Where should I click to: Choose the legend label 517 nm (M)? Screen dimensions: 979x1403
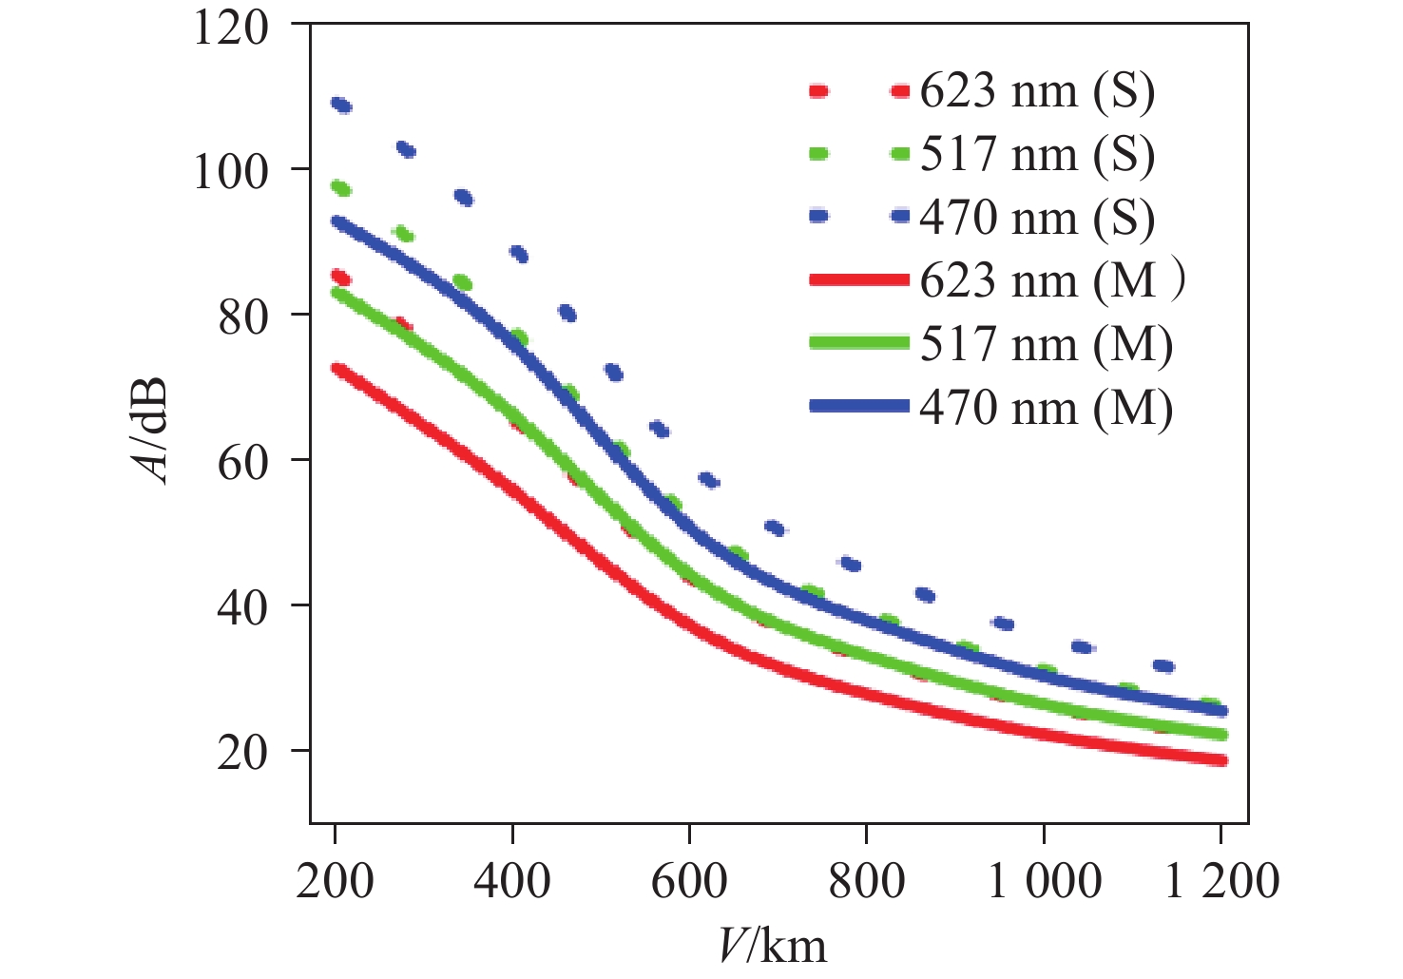click(x=1046, y=344)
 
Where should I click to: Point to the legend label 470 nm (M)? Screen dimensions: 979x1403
click(x=1046, y=408)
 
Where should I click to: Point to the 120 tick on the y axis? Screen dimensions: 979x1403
click(x=230, y=27)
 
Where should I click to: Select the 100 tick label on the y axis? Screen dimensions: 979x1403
click(x=230, y=172)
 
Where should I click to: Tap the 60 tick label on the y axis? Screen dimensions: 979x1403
click(x=242, y=461)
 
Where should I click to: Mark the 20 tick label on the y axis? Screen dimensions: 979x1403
click(x=242, y=752)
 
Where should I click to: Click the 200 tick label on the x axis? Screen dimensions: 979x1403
click(x=335, y=881)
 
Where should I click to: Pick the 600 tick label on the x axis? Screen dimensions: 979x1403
click(x=689, y=881)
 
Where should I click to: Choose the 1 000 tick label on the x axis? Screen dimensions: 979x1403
click(x=1044, y=881)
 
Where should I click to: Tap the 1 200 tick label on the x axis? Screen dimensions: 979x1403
click(x=1221, y=881)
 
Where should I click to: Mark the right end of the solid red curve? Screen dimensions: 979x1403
click(x=1220, y=759)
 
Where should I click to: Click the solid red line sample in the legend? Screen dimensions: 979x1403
click(x=859, y=280)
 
